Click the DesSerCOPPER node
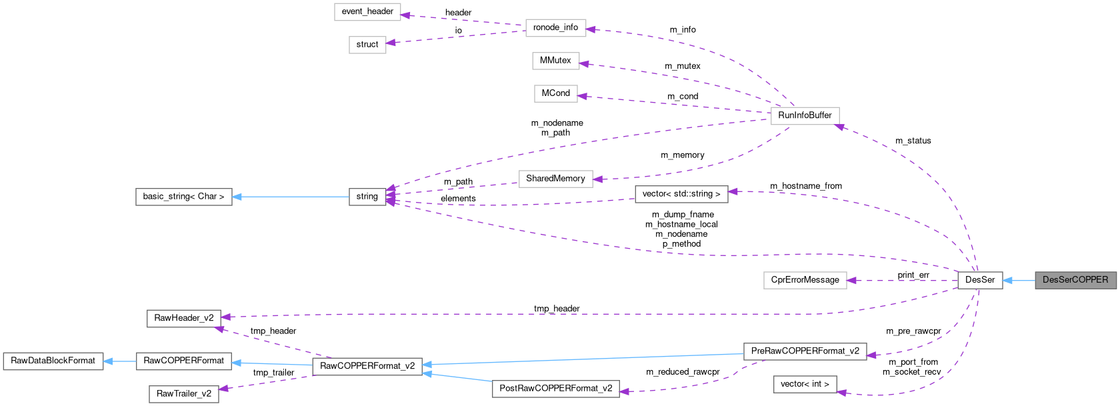click(x=1075, y=280)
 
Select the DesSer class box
click(x=979, y=280)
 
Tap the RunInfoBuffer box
click(x=805, y=115)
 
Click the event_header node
click(x=367, y=11)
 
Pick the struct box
click(x=367, y=45)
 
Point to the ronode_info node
click(x=555, y=27)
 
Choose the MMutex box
click(x=555, y=61)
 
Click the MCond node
click(x=555, y=93)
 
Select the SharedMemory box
click(x=555, y=179)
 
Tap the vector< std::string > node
click(x=681, y=194)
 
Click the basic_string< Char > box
click(x=183, y=197)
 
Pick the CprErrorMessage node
click(x=805, y=280)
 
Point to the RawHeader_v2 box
click(x=184, y=318)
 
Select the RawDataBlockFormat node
click(x=53, y=361)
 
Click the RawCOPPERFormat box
click(x=184, y=361)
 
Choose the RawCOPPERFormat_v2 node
click(x=367, y=366)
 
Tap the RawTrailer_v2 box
click(x=184, y=394)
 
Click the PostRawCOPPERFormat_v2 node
click(x=555, y=389)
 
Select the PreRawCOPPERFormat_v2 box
click(x=805, y=351)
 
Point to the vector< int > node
click(x=805, y=384)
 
